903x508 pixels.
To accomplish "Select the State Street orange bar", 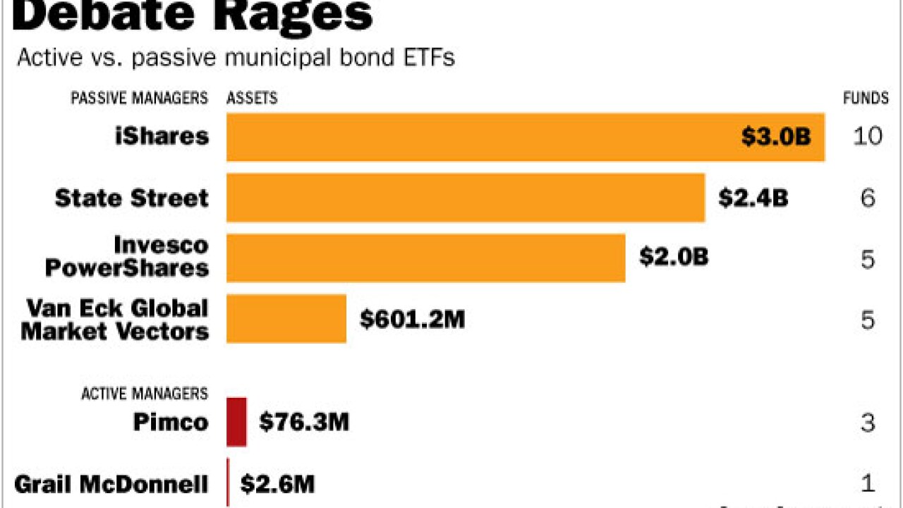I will (466, 198).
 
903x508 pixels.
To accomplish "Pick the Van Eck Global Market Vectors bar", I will (286, 319).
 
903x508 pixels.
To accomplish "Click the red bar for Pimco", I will (237, 422).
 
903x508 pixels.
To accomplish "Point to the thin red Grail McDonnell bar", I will (228, 483).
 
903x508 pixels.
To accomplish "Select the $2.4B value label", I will (753, 198).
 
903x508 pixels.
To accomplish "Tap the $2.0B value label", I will (674, 258).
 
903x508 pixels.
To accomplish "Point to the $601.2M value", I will (413, 320).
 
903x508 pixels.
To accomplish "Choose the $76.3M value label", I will (304, 423).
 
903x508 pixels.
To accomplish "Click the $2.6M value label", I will (277, 484).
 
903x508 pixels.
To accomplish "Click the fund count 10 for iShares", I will (867, 136).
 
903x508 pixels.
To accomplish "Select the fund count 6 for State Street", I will (868, 198).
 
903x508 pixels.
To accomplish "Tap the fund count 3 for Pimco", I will (868, 423).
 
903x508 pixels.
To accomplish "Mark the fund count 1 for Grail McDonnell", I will (868, 484).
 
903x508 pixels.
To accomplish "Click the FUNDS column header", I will (866, 98).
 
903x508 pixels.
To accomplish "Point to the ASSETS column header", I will (252, 98).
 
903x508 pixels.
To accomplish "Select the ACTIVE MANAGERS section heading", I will (145, 393).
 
